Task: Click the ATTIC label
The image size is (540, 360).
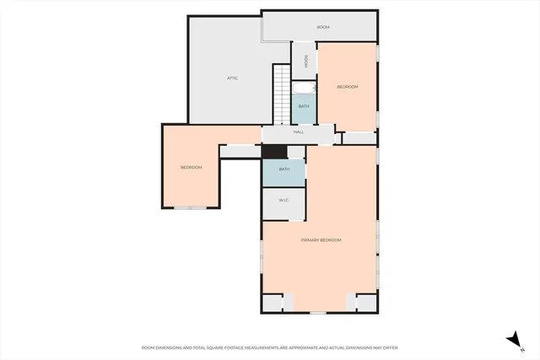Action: (232, 78)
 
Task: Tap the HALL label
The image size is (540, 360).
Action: (299, 132)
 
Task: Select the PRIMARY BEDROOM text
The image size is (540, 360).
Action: (321, 240)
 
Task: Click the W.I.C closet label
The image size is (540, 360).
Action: (284, 201)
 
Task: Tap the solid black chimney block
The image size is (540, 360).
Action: (274, 152)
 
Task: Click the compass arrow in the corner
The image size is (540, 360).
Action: (512, 338)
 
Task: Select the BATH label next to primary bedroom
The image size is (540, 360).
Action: (284, 169)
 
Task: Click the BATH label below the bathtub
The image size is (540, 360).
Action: (303, 107)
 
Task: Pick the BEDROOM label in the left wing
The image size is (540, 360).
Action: (192, 167)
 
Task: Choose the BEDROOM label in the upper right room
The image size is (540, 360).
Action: (348, 87)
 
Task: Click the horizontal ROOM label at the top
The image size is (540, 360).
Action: (322, 27)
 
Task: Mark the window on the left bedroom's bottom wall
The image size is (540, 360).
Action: (196, 207)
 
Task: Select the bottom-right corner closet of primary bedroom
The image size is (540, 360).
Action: (367, 303)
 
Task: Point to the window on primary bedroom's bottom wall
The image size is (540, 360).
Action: (317, 313)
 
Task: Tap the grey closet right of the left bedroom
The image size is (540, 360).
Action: (240, 152)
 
